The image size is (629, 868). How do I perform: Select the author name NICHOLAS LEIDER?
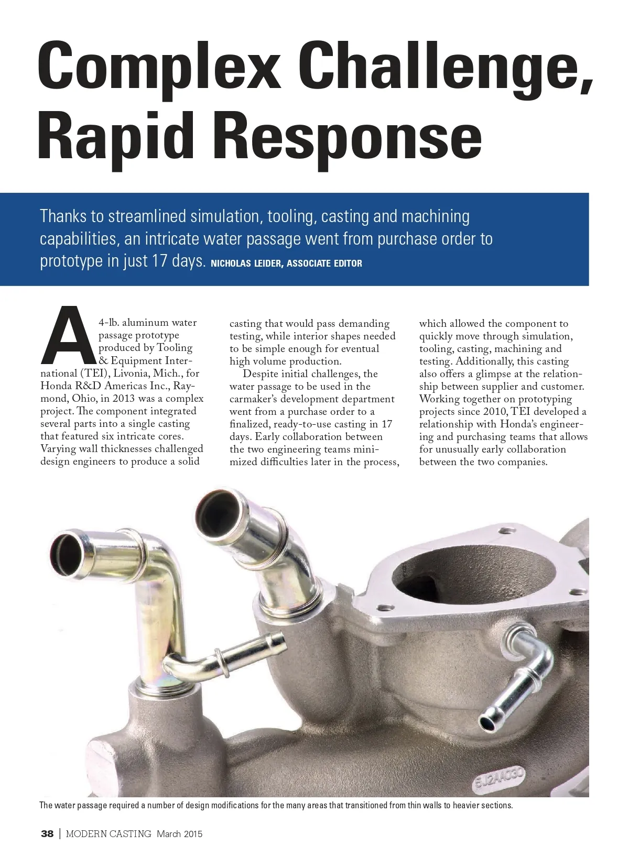(x=246, y=263)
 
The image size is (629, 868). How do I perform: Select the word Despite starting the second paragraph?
(x=261, y=374)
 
